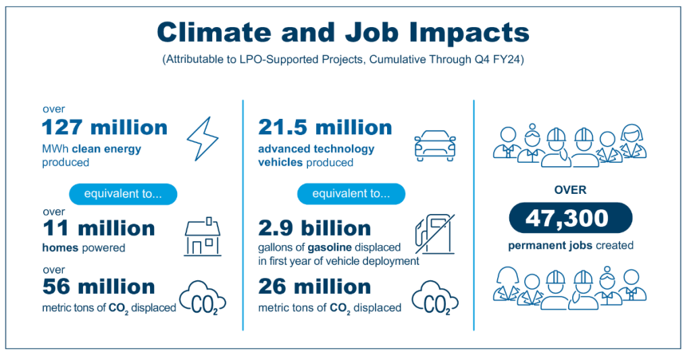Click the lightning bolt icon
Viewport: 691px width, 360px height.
click(202, 138)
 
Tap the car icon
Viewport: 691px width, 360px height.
click(435, 145)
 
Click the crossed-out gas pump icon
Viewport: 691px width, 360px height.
click(434, 234)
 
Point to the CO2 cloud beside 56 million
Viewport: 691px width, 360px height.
click(203, 298)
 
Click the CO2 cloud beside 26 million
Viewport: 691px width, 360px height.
click(435, 298)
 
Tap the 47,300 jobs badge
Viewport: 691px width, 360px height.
click(570, 217)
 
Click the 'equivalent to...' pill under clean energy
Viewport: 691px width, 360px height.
click(123, 194)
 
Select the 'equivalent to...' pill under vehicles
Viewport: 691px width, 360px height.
click(351, 194)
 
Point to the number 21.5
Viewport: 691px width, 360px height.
click(282, 128)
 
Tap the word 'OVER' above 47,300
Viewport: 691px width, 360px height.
click(570, 190)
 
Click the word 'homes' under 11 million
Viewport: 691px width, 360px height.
click(60, 248)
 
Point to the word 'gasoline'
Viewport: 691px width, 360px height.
click(330, 248)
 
